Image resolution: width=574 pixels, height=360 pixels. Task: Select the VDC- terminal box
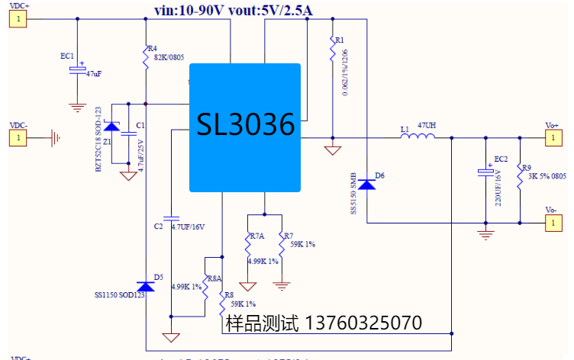point(18,138)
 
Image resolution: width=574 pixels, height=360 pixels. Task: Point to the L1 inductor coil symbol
point(419,137)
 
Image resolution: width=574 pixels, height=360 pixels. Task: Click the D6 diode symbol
point(367,183)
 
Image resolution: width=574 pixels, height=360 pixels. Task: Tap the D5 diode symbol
point(146,285)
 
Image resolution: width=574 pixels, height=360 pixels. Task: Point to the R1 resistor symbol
point(332,51)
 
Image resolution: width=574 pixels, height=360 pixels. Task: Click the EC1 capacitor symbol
point(77,70)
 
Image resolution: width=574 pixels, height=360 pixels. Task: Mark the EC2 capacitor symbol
point(485,172)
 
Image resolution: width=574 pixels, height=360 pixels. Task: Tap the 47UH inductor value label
point(427,125)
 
